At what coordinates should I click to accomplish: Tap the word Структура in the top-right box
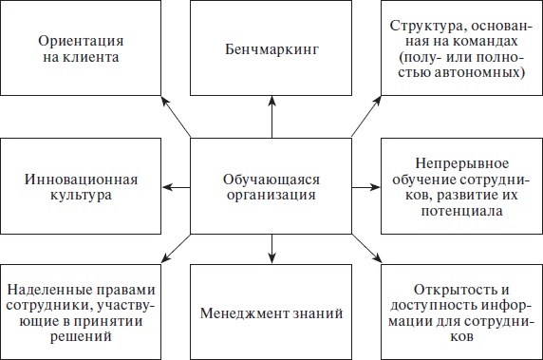pyautogui.click(x=424, y=27)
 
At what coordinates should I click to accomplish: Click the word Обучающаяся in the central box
pyautogui.click(x=271, y=179)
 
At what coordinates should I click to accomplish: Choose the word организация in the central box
pyautogui.click(x=271, y=197)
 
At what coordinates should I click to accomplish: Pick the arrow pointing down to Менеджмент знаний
pyautogui.click(x=271, y=244)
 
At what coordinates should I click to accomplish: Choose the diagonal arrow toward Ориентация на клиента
pyautogui.click(x=175, y=120)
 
